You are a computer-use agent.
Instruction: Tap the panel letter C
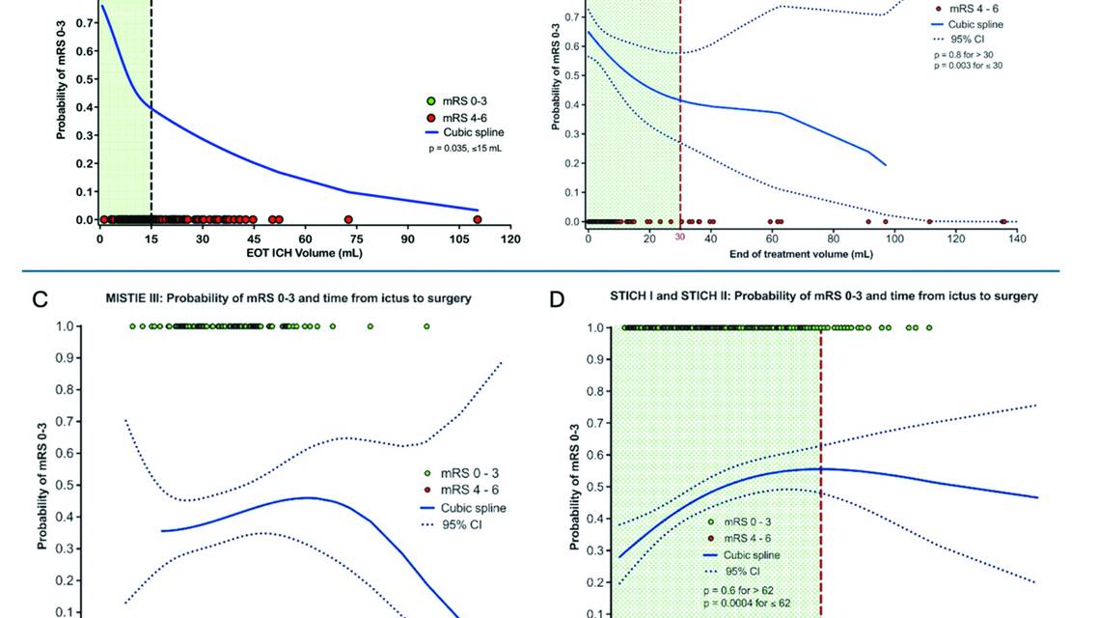tap(41, 299)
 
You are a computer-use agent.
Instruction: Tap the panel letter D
tap(557, 299)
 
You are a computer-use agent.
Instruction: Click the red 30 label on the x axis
tap(679, 238)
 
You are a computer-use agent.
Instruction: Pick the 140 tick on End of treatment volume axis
tap(1017, 239)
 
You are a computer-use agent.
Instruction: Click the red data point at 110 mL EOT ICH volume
tap(477, 219)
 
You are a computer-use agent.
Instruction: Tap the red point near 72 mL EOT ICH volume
tap(348, 219)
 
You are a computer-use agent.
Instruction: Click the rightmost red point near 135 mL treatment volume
tap(1003, 221)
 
